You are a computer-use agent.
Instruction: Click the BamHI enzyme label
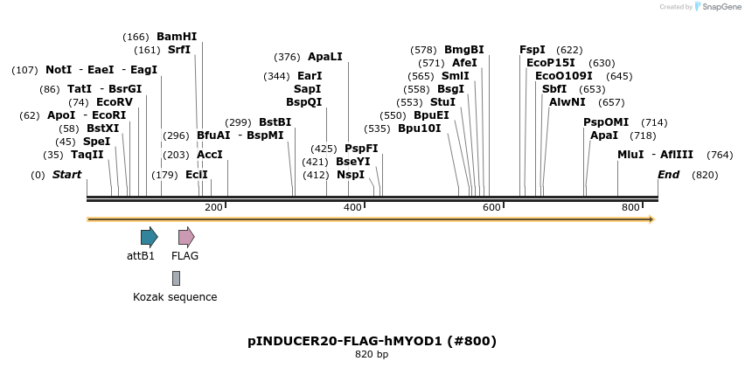pos(177,37)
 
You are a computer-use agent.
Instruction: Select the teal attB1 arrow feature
pos(149,236)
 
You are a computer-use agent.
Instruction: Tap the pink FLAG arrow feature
pos(185,236)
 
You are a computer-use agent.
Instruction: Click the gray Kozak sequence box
pos(176,278)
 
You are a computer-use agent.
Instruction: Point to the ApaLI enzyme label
pos(325,57)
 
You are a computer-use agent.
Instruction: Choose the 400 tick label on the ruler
pos(352,207)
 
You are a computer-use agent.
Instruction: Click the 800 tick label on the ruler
pos(630,207)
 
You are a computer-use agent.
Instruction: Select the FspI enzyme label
pos(532,50)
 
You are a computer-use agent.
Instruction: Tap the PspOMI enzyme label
pos(606,122)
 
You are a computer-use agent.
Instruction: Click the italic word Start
pos(66,175)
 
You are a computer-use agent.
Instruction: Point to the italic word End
pos(669,175)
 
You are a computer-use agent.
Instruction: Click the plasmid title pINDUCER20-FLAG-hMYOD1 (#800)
pos(372,340)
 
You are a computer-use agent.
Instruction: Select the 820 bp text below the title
pos(372,354)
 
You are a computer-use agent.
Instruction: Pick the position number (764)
pos(695,155)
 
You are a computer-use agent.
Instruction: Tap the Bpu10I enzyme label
pos(420,128)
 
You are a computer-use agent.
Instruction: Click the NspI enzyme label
pos(351,175)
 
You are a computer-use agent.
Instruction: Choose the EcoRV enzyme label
pos(115,102)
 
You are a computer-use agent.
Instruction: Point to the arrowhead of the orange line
pos(651,219)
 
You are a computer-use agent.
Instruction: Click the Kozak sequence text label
pos(175,297)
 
